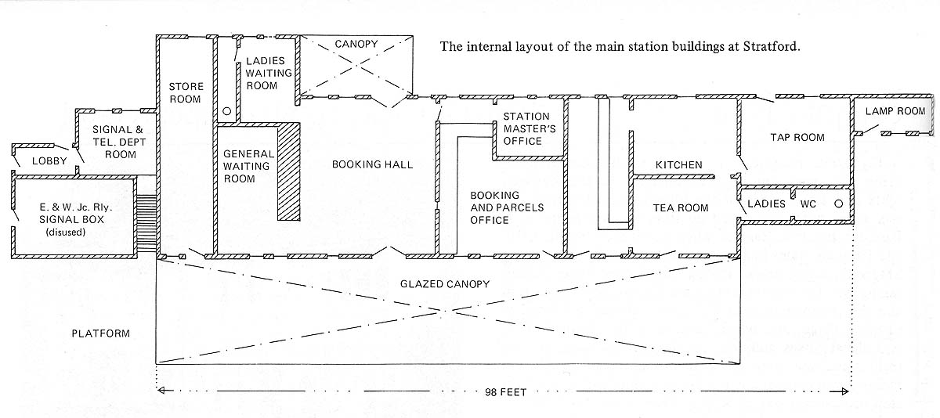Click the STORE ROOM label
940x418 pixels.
[x=186, y=92]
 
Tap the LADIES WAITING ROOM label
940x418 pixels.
[x=269, y=73]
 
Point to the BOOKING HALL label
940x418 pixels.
[x=372, y=164]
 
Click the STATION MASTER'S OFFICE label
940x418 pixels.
[x=526, y=128]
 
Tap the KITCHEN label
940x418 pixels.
[x=678, y=165]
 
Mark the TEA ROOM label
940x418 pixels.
[x=681, y=207]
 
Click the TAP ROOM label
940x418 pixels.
[x=797, y=138]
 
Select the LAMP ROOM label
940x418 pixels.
[x=895, y=111]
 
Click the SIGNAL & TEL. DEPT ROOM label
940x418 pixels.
[x=114, y=142]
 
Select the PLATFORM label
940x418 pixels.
[x=100, y=333]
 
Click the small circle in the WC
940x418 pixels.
[x=837, y=204]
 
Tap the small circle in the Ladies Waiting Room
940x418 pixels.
[x=226, y=112]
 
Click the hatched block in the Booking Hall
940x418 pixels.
[x=289, y=171]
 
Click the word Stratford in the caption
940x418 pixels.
[x=771, y=46]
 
